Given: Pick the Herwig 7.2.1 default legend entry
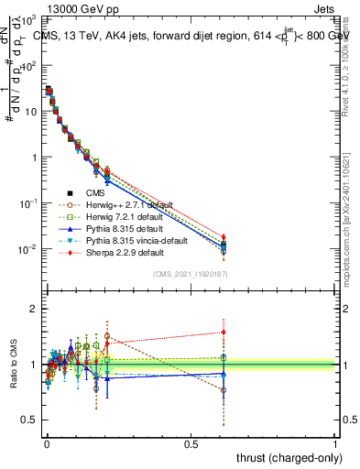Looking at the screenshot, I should [x=123, y=216].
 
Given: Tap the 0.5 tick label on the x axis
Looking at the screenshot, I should [x=191, y=443].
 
